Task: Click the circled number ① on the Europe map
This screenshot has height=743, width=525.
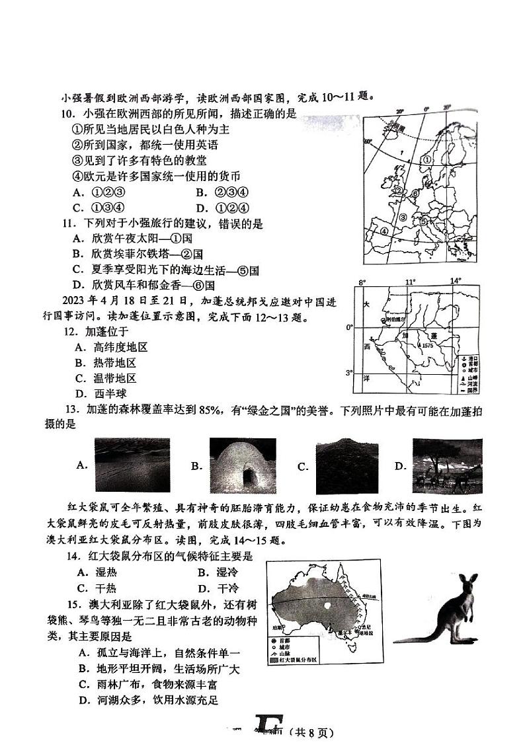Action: (x=427, y=159)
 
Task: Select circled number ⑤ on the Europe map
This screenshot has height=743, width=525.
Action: (x=423, y=221)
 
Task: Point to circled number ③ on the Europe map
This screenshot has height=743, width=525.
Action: (x=403, y=216)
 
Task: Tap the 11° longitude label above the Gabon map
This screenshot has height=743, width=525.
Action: (x=410, y=282)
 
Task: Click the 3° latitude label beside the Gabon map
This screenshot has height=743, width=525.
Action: (x=350, y=372)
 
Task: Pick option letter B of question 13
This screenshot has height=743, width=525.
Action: (x=196, y=466)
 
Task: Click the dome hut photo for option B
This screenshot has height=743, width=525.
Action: (x=242, y=466)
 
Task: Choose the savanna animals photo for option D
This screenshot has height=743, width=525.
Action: (x=446, y=465)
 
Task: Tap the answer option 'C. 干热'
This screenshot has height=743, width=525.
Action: (x=95, y=588)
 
